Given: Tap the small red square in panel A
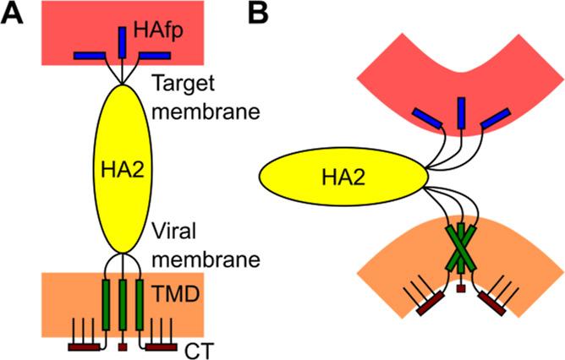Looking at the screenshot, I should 123,346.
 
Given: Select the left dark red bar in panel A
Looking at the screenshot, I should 85,346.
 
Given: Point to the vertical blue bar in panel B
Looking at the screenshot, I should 461,113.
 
